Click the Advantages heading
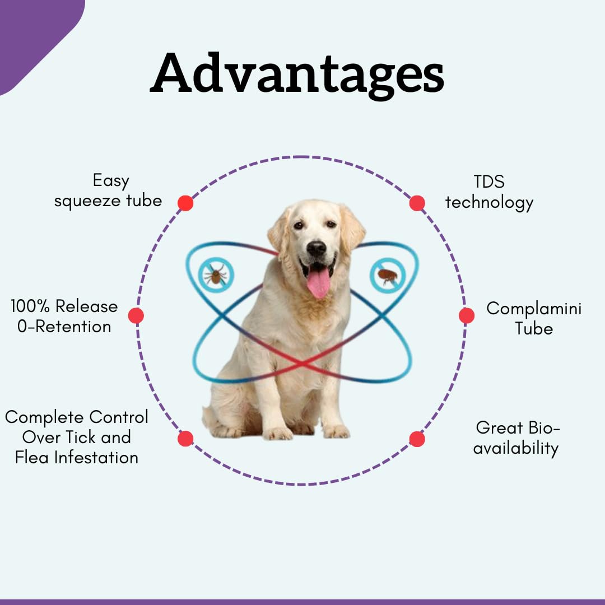point(297,74)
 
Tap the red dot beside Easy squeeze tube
point(185,203)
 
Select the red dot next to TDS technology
point(417,203)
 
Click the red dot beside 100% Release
point(136,315)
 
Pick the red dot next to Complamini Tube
point(467,315)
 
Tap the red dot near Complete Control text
point(185,439)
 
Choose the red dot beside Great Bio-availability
point(417,439)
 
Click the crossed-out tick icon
point(216,275)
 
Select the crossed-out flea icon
point(388,276)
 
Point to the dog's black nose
point(317,249)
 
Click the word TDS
point(489,182)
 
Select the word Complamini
point(534,309)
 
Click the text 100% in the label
point(30,306)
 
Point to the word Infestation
point(96,458)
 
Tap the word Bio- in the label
point(544,428)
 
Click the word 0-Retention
point(64,327)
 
